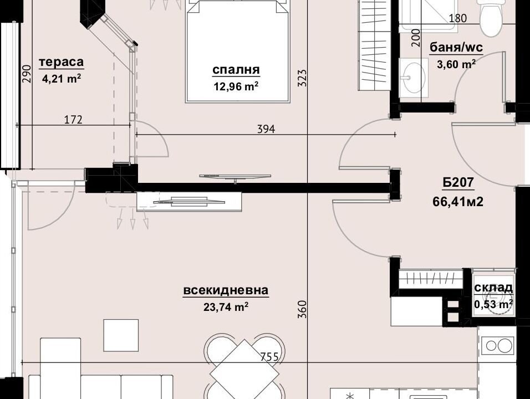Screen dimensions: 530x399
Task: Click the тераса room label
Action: click(61, 62)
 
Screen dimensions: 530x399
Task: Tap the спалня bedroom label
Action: click(236, 70)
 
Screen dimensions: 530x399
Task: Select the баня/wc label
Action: click(456, 48)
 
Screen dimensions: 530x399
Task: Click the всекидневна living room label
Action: click(226, 290)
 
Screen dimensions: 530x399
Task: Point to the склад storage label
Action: click(493, 288)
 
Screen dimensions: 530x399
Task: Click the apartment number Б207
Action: click(458, 183)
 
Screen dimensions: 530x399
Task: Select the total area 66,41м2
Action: click(458, 202)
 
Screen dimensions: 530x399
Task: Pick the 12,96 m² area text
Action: click(236, 86)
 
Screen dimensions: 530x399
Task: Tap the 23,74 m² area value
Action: click(226, 307)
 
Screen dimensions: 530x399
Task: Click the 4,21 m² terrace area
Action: click(61, 79)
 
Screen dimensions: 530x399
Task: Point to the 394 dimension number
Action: click(266, 129)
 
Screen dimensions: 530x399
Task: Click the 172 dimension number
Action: click(73, 119)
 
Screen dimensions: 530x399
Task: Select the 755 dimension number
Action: click(269, 357)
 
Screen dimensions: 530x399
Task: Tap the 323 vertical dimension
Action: click(303, 78)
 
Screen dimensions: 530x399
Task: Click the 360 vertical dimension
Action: click(303, 309)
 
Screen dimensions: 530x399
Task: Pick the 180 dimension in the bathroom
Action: click(458, 18)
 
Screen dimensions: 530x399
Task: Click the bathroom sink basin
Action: click(412, 78)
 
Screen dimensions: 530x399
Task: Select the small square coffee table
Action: click(121, 335)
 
